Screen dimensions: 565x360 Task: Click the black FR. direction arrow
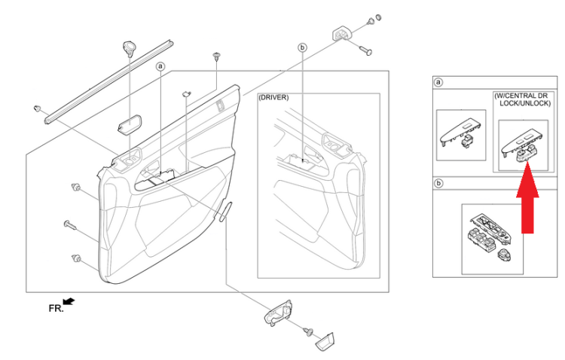(x=69, y=301)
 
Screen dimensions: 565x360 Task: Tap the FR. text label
(x=56, y=309)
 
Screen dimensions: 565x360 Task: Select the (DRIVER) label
(x=274, y=98)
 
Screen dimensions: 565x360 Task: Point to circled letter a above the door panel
(x=160, y=67)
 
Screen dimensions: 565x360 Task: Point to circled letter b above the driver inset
(x=302, y=47)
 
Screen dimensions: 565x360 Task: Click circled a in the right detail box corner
(x=438, y=82)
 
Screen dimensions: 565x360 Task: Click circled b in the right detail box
(x=438, y=184)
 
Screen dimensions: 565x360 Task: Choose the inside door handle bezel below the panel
(x=279, y=312)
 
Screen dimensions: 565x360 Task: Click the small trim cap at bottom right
(x=325, y=341)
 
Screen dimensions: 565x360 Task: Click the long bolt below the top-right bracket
(x=365, y=50)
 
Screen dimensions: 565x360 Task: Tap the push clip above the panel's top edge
(x=216, y=56)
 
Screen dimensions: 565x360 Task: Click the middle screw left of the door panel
(x=70, y=225)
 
